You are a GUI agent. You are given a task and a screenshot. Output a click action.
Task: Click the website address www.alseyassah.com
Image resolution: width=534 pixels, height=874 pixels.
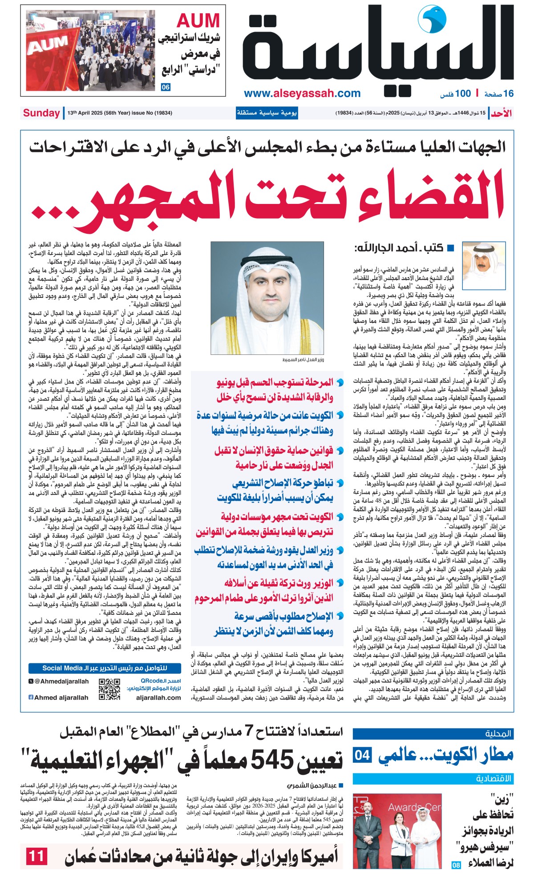tap(302, 93)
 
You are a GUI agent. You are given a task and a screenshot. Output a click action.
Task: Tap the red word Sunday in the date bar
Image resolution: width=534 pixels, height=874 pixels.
tap(41, 113)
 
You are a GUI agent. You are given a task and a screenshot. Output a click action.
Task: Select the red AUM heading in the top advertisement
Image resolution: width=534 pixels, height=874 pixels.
tap(198, 21)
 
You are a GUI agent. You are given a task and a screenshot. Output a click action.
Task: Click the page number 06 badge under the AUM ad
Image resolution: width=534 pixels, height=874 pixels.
tap(166, 87)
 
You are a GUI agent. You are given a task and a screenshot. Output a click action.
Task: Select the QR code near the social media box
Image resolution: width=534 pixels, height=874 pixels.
tap(109, 689)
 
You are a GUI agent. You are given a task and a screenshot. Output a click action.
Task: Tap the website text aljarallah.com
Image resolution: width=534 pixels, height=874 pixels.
tap(158, 698)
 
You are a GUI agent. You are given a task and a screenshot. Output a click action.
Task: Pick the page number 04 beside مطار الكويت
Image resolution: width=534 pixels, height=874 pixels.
tap(362, 755)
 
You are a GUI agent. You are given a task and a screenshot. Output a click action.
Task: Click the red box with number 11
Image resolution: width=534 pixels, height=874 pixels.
tap(36, 856)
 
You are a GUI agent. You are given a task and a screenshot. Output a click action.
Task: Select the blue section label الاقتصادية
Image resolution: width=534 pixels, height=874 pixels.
tap(494, 779)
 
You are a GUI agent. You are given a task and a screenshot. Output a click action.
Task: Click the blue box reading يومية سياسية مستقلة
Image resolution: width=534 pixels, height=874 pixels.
tap(267, 113)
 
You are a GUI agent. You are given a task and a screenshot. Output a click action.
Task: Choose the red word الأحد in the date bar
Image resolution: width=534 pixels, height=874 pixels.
tap(501, 113)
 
